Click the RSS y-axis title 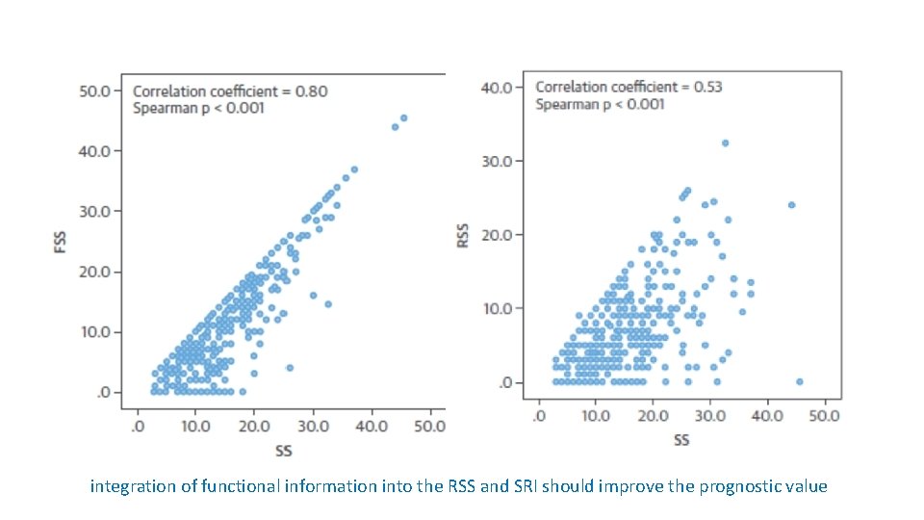tap(463, 237)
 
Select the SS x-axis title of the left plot tap(283, 450)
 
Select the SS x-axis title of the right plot tap(681, 440)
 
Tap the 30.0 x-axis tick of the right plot tap(709, 416)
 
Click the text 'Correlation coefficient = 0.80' tap(230, 91)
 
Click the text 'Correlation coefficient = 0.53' tap(629, 87)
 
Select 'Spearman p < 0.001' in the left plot tap(198, 108)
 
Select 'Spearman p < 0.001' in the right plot tap(600, 103)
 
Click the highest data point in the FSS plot tap(403, 117)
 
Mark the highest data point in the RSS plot tap(725, 143)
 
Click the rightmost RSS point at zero tap(799, 382)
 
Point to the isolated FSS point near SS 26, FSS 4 tap(290, 368)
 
